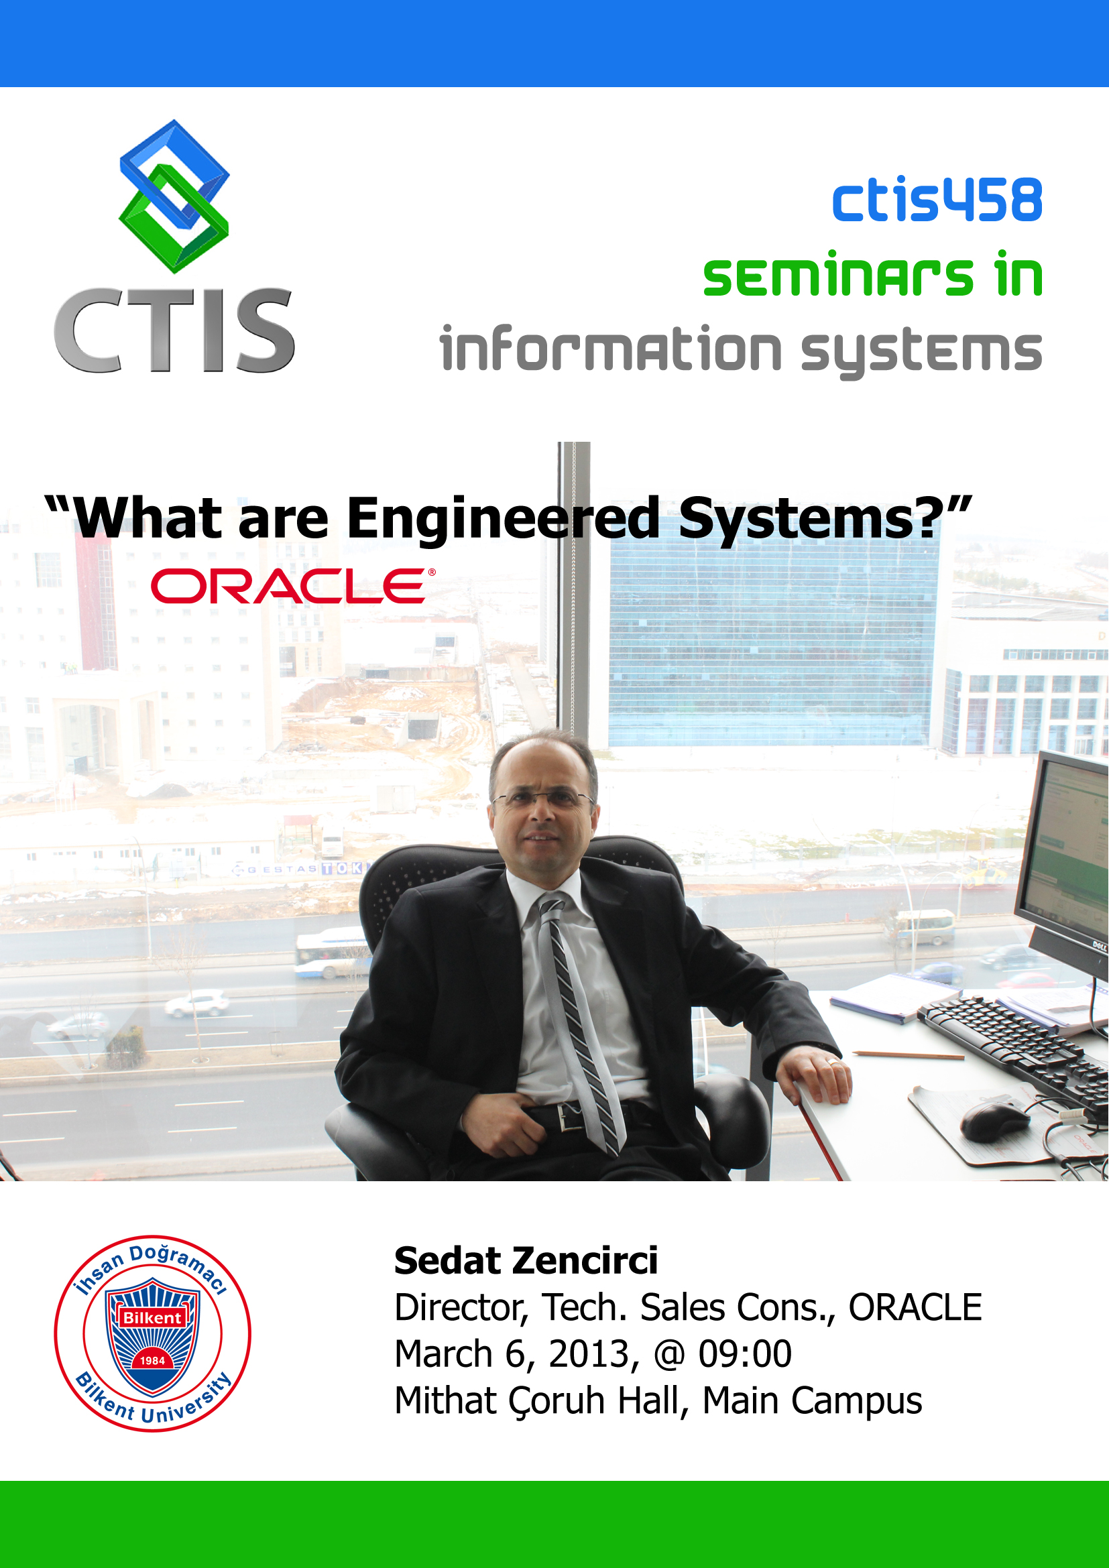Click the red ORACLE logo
coord(292,586)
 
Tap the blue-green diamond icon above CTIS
coord(174,196)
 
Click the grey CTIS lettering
coord(174,330)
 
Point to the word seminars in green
coord(838,277)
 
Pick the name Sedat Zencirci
coord(526,1260)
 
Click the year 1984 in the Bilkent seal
coord(152,1360)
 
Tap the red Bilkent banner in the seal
coord(152,1317)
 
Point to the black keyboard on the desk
coord(1018,1045)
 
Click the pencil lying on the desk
coord(909,1055)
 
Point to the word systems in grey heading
coord(921,352)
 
